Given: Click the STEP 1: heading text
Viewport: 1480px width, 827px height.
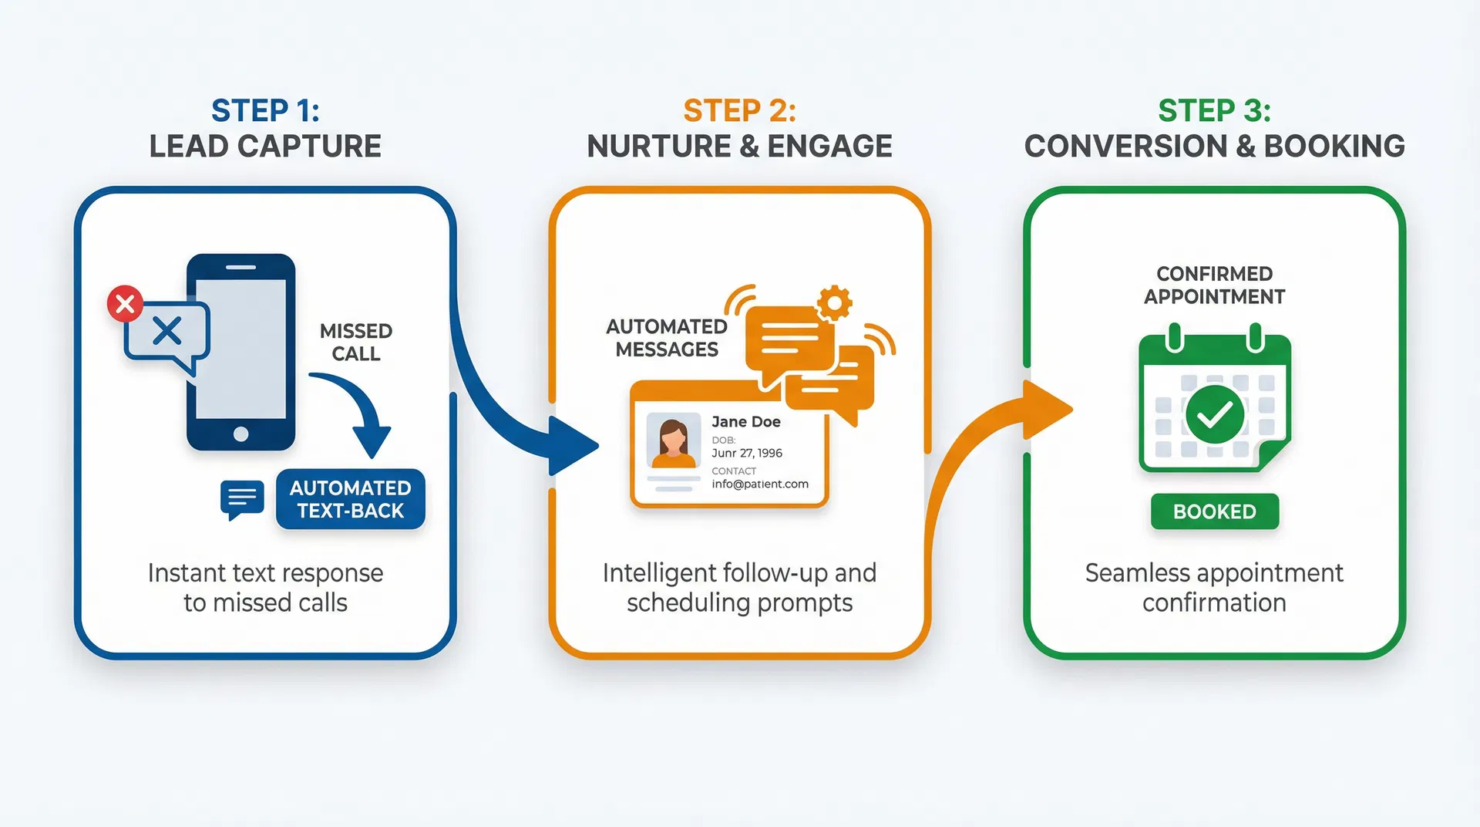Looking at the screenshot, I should (265, 111).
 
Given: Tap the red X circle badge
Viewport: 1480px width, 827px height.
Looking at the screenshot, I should (125, 304).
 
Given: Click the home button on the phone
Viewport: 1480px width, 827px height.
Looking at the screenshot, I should (240, 434).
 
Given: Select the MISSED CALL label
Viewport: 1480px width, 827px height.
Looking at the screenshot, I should (356, 342).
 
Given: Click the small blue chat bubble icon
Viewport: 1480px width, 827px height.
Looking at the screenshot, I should (241, 499).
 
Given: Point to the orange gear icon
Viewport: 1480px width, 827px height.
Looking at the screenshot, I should (833, 302).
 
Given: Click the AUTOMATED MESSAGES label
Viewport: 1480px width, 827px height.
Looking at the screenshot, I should (667, 338).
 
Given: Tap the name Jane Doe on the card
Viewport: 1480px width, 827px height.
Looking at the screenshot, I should (745, 421).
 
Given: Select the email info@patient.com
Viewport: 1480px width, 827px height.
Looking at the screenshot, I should (759, 484).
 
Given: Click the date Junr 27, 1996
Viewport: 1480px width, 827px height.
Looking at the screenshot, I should (746, 453).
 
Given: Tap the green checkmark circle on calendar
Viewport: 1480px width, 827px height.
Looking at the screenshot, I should (1214, 414).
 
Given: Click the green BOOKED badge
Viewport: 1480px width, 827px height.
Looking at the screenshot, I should (1214, 511).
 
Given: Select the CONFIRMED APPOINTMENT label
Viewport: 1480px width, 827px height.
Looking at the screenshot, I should (1214, 285).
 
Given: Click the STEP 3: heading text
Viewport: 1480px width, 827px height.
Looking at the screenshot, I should (1214, 111).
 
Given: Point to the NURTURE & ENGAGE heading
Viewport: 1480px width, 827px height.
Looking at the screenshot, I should (739, 146).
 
